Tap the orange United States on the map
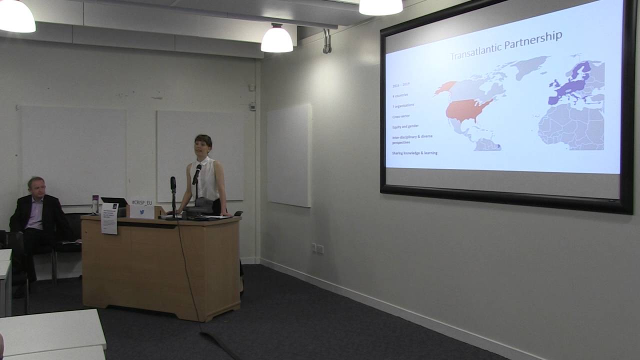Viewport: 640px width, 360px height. coord(467,109)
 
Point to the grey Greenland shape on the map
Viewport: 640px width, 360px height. coord(530,66)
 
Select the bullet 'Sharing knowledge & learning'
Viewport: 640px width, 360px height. coord(415,152)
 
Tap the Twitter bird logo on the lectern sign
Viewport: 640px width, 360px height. coord(142,211)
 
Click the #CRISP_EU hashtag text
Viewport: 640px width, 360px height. coord(142,202)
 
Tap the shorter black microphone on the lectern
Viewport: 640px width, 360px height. coord(173,183)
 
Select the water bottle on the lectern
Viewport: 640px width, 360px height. coord(95,204)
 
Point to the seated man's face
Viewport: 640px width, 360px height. coord(36,187)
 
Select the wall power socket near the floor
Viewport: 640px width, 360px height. coord(317,248)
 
